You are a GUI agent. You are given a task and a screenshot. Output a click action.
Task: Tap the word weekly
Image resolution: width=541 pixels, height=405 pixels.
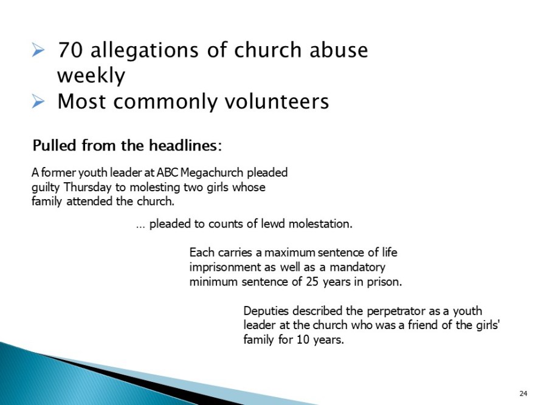pyautogui.click(x=91, y=76)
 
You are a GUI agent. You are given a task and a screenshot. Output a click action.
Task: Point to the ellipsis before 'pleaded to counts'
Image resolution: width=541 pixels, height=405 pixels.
pyautogui.click(x=140, y=225)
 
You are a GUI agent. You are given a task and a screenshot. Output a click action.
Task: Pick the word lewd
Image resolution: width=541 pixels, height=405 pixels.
pyautogui.click(x=277, y=224)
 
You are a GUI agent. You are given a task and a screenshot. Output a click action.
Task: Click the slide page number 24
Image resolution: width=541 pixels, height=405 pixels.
pyautogui.click(x=523, y=392)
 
